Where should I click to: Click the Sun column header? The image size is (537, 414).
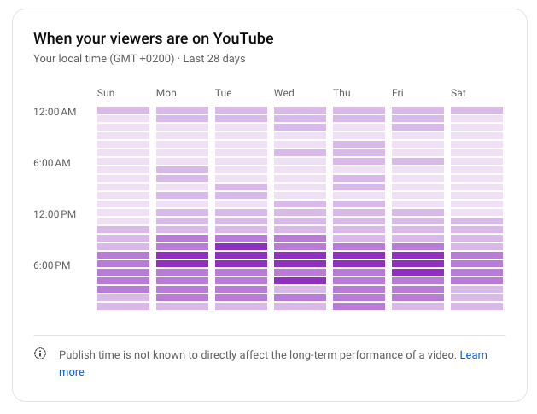[106, 93]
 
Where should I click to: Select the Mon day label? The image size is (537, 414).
[166, 93]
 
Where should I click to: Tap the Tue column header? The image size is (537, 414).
[224, 93]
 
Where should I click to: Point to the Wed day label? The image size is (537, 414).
[284, 93]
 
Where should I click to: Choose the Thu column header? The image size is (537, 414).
[341, 93]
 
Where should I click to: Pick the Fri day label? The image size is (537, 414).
[398, 93]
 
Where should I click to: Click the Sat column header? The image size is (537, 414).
[458, 93]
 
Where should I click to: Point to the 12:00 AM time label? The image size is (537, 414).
[55, 112]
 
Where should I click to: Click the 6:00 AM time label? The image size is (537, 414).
[52, 163]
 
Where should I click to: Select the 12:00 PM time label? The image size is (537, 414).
[55, 214]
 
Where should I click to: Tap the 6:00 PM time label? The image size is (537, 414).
[52, 265]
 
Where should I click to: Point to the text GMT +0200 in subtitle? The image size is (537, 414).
[142, 59]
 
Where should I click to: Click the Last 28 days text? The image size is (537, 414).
[216, 59]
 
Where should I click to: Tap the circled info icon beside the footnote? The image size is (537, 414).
[40, 354]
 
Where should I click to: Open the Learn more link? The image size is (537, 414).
[473, 354]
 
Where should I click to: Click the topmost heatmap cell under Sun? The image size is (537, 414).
[123, 110]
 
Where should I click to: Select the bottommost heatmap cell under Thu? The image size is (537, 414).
[359, 306]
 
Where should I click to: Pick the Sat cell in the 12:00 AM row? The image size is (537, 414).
[476, 110]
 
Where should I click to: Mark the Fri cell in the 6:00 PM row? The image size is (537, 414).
[417, 264]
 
